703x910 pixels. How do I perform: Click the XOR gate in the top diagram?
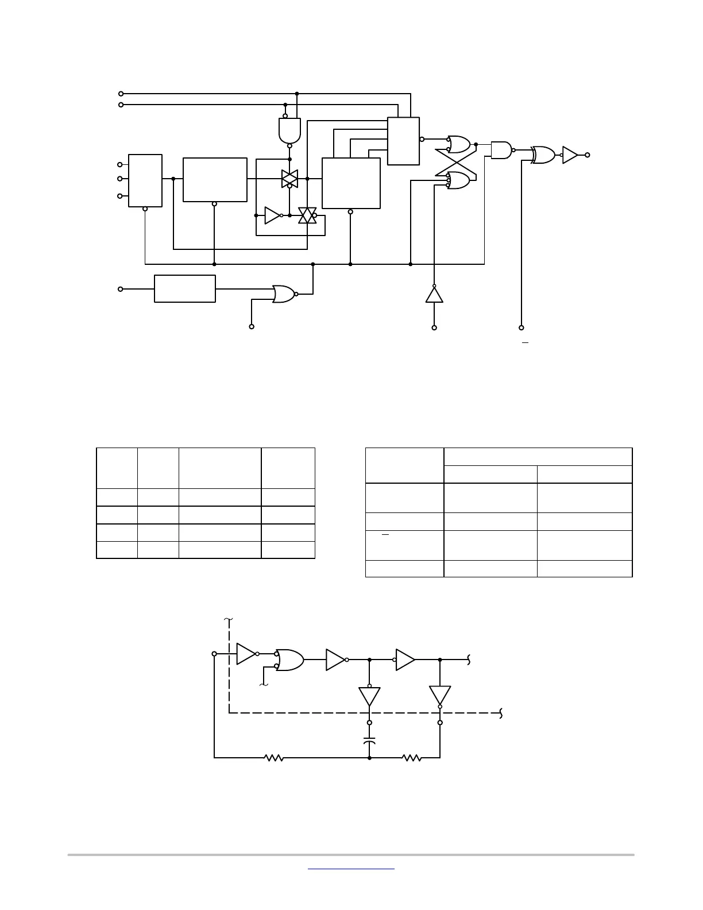click(x=543, y=155)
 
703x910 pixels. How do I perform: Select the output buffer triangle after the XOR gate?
click(x=570, y=155)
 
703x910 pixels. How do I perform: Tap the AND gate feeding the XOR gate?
click(x=501, y=150)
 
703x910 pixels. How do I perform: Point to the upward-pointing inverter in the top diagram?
click(x=434, y=295)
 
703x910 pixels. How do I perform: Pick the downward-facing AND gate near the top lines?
click(x=289, y=130)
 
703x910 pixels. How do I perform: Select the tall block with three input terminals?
click(x=145, y=180)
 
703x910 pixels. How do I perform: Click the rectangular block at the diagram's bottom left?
click(x=185, y=288)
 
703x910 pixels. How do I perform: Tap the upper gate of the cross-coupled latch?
click(x=459, y=144)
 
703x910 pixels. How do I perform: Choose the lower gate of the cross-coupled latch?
click(x=459, y=180)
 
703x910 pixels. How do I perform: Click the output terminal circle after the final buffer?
click(x=587, y=155)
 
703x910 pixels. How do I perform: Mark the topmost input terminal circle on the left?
click(x=121, y=94)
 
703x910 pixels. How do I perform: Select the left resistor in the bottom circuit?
click(x=274, y=758)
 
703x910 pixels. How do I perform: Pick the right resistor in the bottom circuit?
click(x=412, y=758)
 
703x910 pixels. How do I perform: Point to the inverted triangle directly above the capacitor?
click(x=369, y=696)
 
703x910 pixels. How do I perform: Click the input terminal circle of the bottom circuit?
click(x=214, y=654)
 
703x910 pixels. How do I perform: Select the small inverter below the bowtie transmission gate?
click(x=272, y=215)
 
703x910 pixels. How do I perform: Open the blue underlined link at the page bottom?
click(x=351, y=869)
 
